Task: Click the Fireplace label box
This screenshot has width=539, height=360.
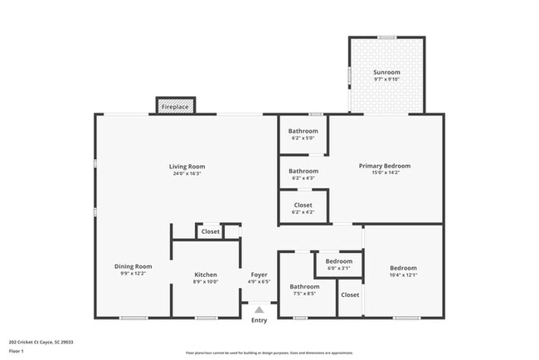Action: point(175,107)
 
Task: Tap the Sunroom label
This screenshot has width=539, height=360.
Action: point(386,73)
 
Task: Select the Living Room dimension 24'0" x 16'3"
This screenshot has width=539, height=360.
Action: point(187,173)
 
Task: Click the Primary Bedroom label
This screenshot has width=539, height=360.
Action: point(384,166)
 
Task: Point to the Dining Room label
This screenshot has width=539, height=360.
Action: point(133,266)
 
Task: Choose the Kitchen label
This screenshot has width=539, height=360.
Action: point(206,275)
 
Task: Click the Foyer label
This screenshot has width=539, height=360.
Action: point(259,275)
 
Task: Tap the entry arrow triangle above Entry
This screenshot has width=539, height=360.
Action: point(259,309)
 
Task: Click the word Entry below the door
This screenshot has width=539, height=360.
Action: point(260,320)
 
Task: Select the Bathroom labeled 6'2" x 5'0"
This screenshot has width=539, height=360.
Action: point(303,131)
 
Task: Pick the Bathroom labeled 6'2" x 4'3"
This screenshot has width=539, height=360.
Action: point(303,171)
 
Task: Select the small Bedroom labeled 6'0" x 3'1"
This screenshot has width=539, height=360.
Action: point(338,261)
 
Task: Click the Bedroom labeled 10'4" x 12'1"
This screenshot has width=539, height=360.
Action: point(403,268)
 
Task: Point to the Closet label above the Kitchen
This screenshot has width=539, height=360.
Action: point(211,231)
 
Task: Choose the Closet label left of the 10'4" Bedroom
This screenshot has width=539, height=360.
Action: point(350,294)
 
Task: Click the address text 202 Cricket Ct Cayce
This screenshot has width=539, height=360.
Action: point(41,341)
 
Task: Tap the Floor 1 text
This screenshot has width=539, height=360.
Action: point(15,351)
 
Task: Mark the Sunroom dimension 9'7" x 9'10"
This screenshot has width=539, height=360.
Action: point(386,80)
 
